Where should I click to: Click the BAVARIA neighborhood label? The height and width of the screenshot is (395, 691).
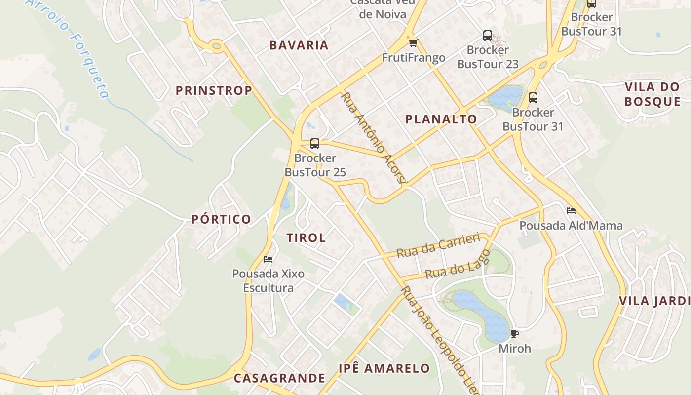pyautogui.click(x=299, y=45)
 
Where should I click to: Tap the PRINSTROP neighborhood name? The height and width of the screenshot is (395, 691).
pyautogui.click(x=214, y=90)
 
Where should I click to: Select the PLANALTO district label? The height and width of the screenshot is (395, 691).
pyautogui.click(x=441, y=119)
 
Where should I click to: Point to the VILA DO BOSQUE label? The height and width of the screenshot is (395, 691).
pyautogui.click(x=652, y=94)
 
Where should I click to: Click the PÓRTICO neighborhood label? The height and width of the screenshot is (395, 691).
pyautogui.click(x=221, y=219)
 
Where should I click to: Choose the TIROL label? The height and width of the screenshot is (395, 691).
pyautogui.click(x=306, y=237)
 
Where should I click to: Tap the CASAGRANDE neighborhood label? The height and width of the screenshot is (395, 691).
pyautogui.click(x=279, y=378)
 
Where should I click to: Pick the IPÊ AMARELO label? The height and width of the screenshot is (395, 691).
pyautogui.click(x=384, y=368)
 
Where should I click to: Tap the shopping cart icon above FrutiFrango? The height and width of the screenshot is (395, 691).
pyautogui.click(x=413, y=43)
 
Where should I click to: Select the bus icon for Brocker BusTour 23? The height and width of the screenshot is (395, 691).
pyautogui.click(x=488, y=36)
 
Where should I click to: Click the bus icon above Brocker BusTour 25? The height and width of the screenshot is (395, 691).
pyautogui.click(x=315, y=144)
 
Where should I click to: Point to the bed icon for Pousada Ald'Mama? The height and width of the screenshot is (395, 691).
pyautogui.click(x=571, y=211)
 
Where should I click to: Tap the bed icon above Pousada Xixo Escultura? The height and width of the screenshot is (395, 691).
pyautogui.click(x=268, y=259)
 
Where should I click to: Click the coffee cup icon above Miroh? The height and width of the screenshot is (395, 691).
pyautogui.click(x=514, y=334)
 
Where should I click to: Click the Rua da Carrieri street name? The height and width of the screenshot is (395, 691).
pyautogui.click(x=438, y=245)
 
